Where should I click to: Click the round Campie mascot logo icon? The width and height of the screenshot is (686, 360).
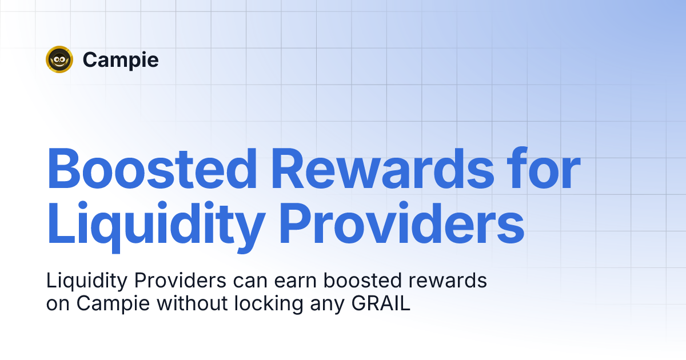click(x=59, y=59)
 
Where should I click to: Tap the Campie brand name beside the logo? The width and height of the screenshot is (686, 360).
click(x=121, y=59)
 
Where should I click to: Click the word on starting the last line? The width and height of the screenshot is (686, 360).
click(x=57, y=304)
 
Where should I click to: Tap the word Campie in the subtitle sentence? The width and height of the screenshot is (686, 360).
click(x=114, y=304)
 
